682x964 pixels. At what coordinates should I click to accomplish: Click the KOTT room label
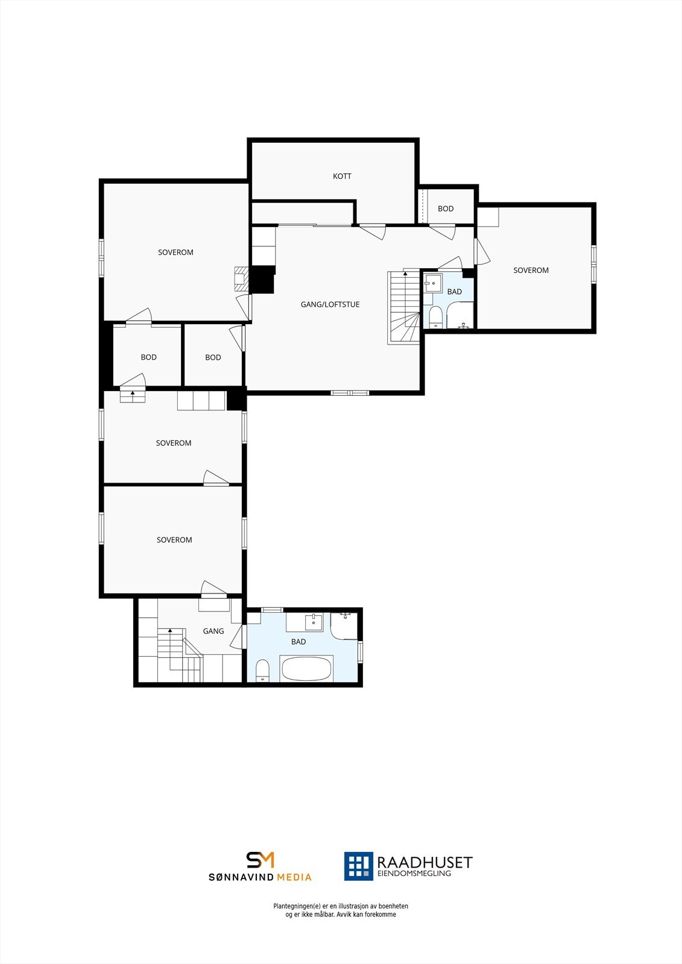[x=342, y=177]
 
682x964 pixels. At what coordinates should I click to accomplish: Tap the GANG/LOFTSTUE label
[x=330, y=305]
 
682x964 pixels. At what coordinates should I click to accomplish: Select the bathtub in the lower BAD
[x=306, y=669]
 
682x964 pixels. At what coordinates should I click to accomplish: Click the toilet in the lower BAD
[x=262, y=670]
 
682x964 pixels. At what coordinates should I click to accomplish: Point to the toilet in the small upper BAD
[x=436, y=316]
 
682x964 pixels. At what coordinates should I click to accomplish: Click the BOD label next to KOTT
[x=446, y=209]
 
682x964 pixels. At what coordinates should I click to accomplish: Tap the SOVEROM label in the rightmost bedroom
[x=531, y=271]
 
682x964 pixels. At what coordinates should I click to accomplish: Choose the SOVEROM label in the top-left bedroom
[x=175, y=252]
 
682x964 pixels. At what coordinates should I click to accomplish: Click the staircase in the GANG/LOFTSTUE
[x=404, y=307]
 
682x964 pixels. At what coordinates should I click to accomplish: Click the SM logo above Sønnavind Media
[x=260, y=860]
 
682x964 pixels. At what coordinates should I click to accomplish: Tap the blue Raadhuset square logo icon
[x=359, y=866]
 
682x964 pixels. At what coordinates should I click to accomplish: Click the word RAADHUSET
[x=425, y=862]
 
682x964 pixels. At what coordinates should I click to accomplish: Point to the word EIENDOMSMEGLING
[x=414, y=874]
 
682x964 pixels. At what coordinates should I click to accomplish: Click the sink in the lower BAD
[x=314, y=621]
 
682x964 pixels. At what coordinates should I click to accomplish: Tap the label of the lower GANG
[x=213, y=631]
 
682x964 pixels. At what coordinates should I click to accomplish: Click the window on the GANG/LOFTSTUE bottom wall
[x=350, y=393]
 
